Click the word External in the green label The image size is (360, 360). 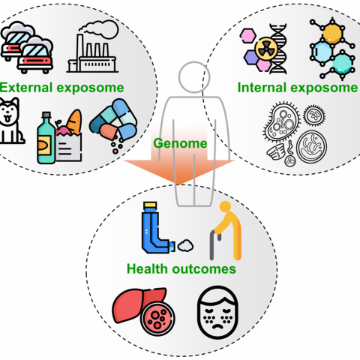pyautogui.click(x=26, y=88)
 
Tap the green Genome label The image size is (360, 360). pyautogui.click(x=180, y=143)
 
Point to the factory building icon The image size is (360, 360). pyautogui.click(x=92, y=53)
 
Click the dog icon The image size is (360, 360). pyautogui.click(x=10, y=121)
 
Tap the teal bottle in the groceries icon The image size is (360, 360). pyautogui.click(x=46, y=138)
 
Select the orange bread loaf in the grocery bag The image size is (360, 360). pyautogui.click(x=74, y=121)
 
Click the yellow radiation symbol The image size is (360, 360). pyautogui.click(x=266, y=49)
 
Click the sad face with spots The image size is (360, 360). pyautogui.click(x=217, y=313)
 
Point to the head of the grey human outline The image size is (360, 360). pyautogui.click(x=194, y=77)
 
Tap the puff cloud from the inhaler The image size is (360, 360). pyautogui.click(x=185, y=245)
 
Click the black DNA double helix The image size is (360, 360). pyautogui.click(x=278, y=49)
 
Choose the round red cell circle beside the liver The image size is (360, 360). pyautogui.click(x=157, y=319)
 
